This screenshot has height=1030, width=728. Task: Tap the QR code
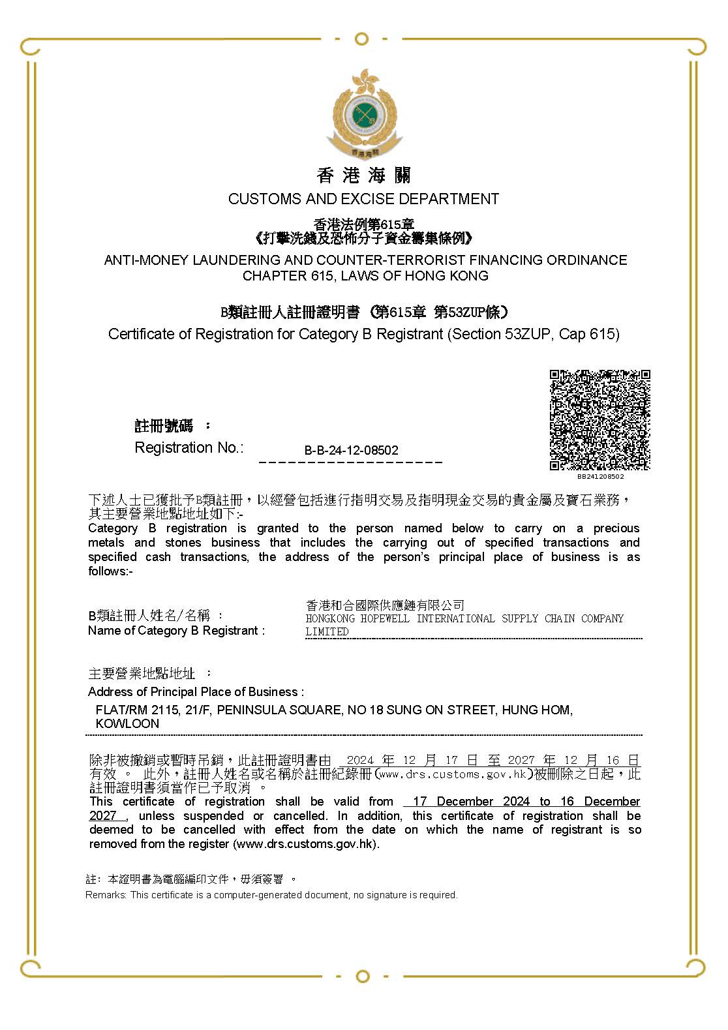point(599,419)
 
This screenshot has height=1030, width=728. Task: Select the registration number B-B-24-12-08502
point(351,450)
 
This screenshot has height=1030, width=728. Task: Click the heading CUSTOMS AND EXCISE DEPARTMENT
point(363,199)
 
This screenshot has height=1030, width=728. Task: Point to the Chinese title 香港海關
point(363,175)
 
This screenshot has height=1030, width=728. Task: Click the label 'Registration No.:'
point(189,447)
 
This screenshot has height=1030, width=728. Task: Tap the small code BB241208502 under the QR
point(600,477)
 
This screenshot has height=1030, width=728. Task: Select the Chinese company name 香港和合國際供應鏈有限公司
point(385,605)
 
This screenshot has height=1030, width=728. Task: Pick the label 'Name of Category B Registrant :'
point(176,631)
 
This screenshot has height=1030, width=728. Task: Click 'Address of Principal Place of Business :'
point(196,691)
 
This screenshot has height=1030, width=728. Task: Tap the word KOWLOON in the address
point(127,723)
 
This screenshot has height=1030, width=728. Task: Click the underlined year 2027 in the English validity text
point(103,815)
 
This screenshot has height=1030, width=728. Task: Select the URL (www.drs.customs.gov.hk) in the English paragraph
point(306,843)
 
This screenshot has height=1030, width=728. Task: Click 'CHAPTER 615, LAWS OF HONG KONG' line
point(365,276)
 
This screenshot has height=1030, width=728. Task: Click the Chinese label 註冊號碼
point(164,426)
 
